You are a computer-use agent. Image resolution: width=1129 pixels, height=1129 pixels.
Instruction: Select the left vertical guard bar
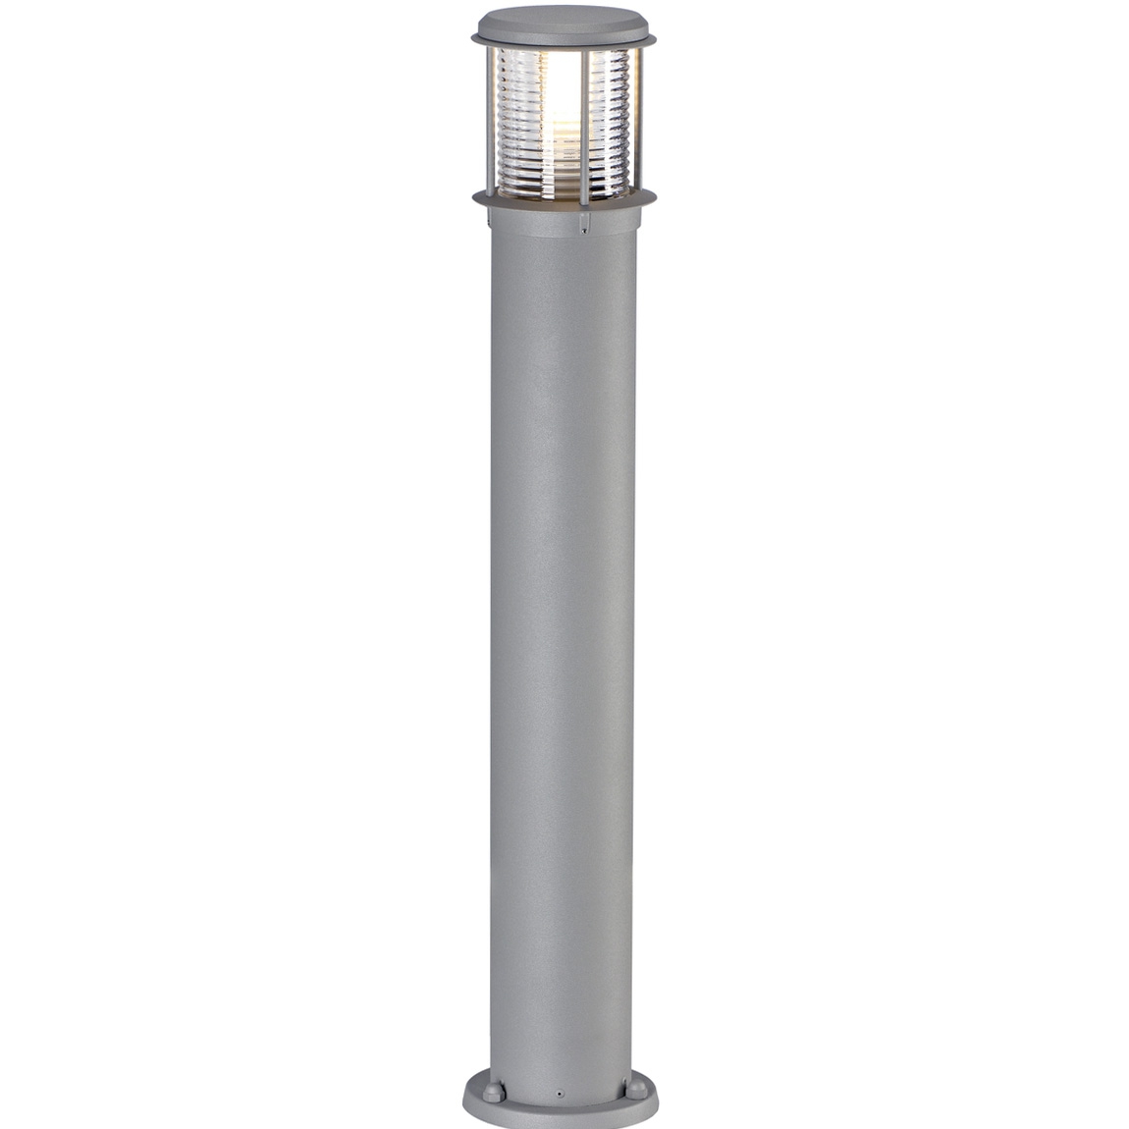click(x=491, y=118)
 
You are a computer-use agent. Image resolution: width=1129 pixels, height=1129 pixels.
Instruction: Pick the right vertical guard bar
click(x=636, y=118)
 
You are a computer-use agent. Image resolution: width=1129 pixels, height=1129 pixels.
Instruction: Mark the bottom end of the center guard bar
click(x=584, y=201)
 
